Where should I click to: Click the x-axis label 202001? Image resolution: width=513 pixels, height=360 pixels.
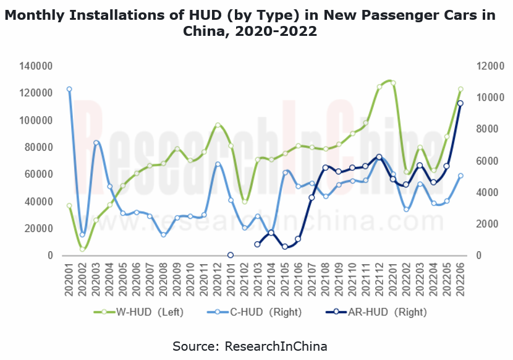click(69, 278)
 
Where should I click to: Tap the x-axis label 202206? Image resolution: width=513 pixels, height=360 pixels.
click(460, 278)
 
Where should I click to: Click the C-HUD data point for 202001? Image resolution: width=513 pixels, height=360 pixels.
click(69, 89)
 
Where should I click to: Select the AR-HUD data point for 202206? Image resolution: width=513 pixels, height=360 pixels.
click(460, 103)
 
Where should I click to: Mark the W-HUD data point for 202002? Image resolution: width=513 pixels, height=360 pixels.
click(82, 249)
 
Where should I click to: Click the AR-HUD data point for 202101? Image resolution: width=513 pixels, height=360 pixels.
click(231, 255)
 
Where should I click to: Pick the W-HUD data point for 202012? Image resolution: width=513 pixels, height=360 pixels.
click(218, 126)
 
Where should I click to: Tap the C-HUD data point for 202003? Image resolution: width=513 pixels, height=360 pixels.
click(96, 143)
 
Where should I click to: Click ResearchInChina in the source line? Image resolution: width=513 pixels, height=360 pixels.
click(275, 345)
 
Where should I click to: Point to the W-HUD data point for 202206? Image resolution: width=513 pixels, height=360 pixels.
click(460, 89)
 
